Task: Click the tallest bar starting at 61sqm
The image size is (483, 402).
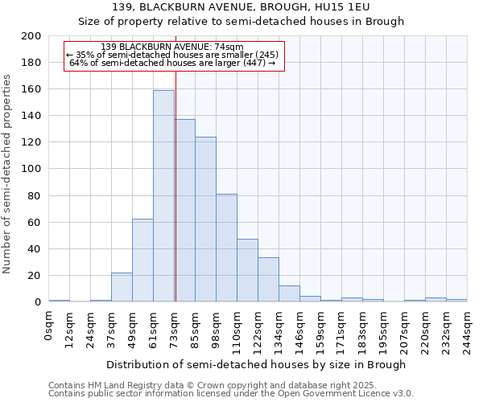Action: tap(163, 195)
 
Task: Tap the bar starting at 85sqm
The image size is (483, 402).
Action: tap(205, 219)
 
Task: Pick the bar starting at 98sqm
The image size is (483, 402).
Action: tap(226, 248)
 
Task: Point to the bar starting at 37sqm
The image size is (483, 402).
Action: tap(122, 287)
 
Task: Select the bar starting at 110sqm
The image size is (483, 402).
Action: tap(247, 270)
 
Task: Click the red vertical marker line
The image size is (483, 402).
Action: tap(175, 177)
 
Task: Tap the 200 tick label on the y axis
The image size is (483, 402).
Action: tap(31, 36)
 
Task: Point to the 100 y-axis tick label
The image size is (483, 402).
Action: tap(31, 169)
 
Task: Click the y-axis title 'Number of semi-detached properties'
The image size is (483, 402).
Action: tap(8, 174)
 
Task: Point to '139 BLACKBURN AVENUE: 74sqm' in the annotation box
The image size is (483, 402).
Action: tap(173, 47)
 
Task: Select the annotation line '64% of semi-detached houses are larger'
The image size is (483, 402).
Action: tap(173, 63)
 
